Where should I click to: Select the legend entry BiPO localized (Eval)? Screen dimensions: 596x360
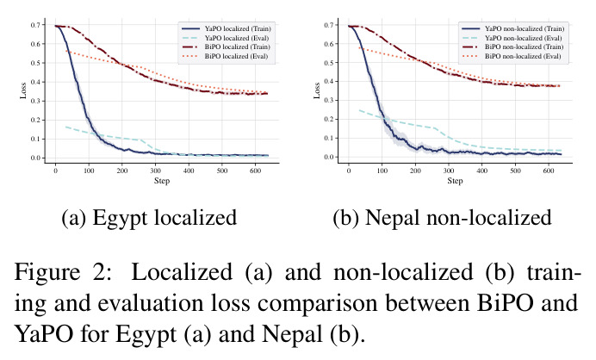click(x=225, y=56)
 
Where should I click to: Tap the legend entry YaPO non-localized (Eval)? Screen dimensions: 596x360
click(x=512, y=38)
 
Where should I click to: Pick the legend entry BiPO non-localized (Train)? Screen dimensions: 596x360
click(x=512, y=47)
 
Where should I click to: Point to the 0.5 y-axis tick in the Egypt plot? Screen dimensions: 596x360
click(x=35, y=63)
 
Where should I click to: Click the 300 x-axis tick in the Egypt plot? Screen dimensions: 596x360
click(x=156, y=171)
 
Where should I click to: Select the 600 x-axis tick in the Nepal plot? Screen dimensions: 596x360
click(x=549, y=171)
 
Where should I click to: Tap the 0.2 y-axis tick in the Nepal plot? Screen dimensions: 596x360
click(x=328, y=119)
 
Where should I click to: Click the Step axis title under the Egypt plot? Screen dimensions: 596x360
click(x=162, y=181)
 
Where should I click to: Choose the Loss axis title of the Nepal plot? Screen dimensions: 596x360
click(x=317, y=90)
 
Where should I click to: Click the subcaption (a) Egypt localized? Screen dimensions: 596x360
click(x=149, y=218)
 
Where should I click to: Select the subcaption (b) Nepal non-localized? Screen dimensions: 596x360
click(x=443, y=218)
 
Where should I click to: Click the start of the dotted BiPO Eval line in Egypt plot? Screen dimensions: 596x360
click(x=66, y=51)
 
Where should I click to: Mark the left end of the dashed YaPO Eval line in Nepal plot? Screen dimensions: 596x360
click(x=359, y=110)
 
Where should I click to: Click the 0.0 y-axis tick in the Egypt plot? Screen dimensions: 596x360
click(x=35, y=158)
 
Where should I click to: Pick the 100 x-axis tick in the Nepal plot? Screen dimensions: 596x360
click(x=382, y=171)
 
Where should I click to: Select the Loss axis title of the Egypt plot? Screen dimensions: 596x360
click(x=23, y=90)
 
